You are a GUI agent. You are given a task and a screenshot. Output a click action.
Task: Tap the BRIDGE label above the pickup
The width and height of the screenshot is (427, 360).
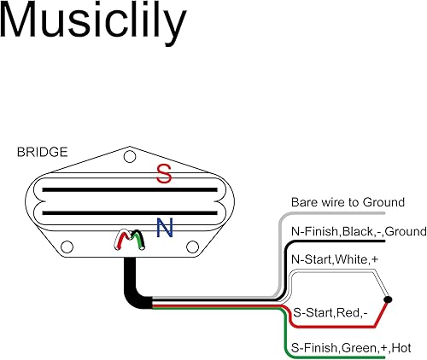(x=41, y=154)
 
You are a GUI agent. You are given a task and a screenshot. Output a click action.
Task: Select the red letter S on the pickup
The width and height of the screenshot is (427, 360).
(x=162, y=175)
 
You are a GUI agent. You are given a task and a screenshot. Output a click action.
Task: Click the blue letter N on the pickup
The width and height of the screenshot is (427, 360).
(x=166, y=227)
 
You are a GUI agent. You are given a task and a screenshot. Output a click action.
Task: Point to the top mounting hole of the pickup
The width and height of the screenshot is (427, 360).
(x=129, y=158)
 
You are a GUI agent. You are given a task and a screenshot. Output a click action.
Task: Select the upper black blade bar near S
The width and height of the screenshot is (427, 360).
(x=128, y=187)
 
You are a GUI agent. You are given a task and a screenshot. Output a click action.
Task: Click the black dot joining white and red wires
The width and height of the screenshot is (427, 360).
(x=389, y=299)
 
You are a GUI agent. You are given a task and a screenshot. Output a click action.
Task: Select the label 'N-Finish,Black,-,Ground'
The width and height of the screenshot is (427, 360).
(x=347, y=230)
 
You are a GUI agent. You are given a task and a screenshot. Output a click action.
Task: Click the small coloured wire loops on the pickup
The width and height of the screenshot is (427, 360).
(x=132, y=240)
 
